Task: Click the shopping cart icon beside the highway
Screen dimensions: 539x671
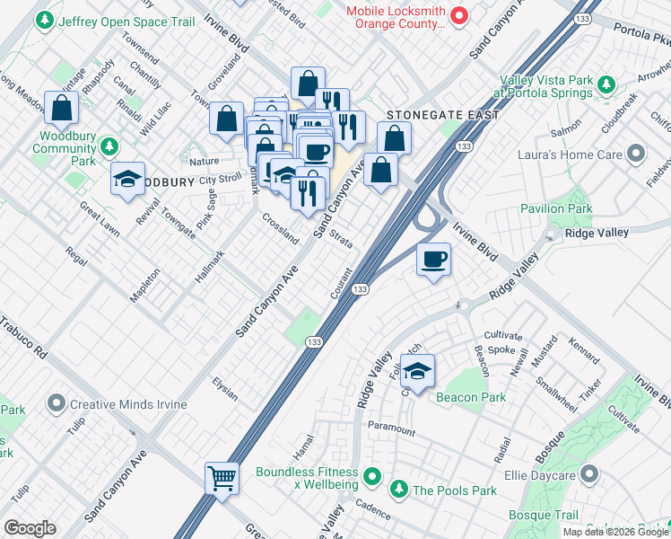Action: tap(222, 477)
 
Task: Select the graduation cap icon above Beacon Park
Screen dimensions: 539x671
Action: tap(417, 369)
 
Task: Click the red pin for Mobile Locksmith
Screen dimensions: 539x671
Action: tap(459, 14)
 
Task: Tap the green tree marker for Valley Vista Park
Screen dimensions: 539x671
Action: tap(606, 84)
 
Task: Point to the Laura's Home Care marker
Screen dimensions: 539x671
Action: tap(637, 155)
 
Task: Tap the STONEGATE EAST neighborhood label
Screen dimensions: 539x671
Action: tap(427, 115)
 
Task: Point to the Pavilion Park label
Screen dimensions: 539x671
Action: tap(556, 208)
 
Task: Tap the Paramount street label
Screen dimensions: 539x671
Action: tap(390, 429)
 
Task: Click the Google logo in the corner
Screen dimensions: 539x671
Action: tap(30, 527)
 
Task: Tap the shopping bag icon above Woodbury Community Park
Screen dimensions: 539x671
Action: tap(62, 108)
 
